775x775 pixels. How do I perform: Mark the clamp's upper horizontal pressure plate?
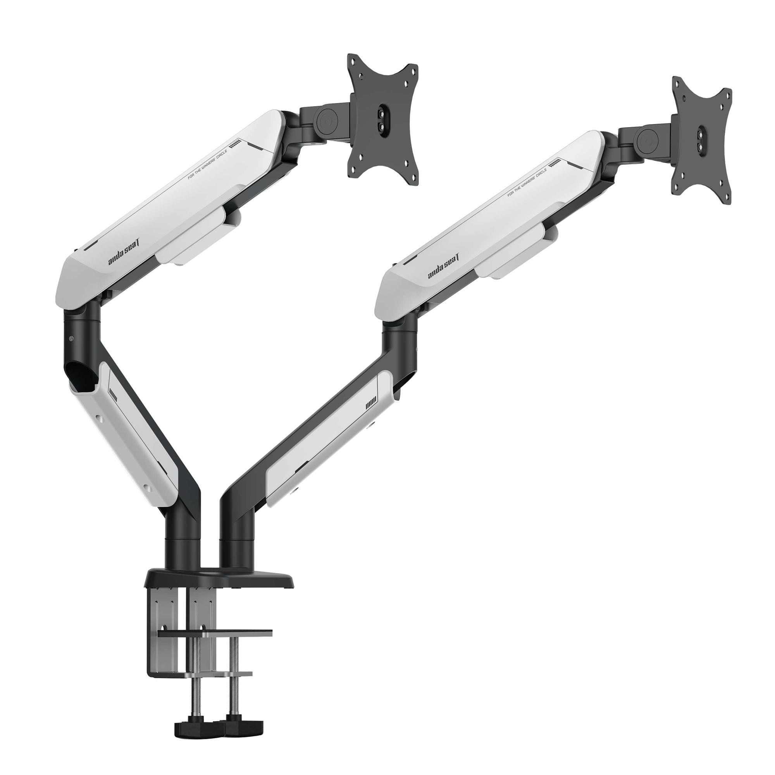215,633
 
